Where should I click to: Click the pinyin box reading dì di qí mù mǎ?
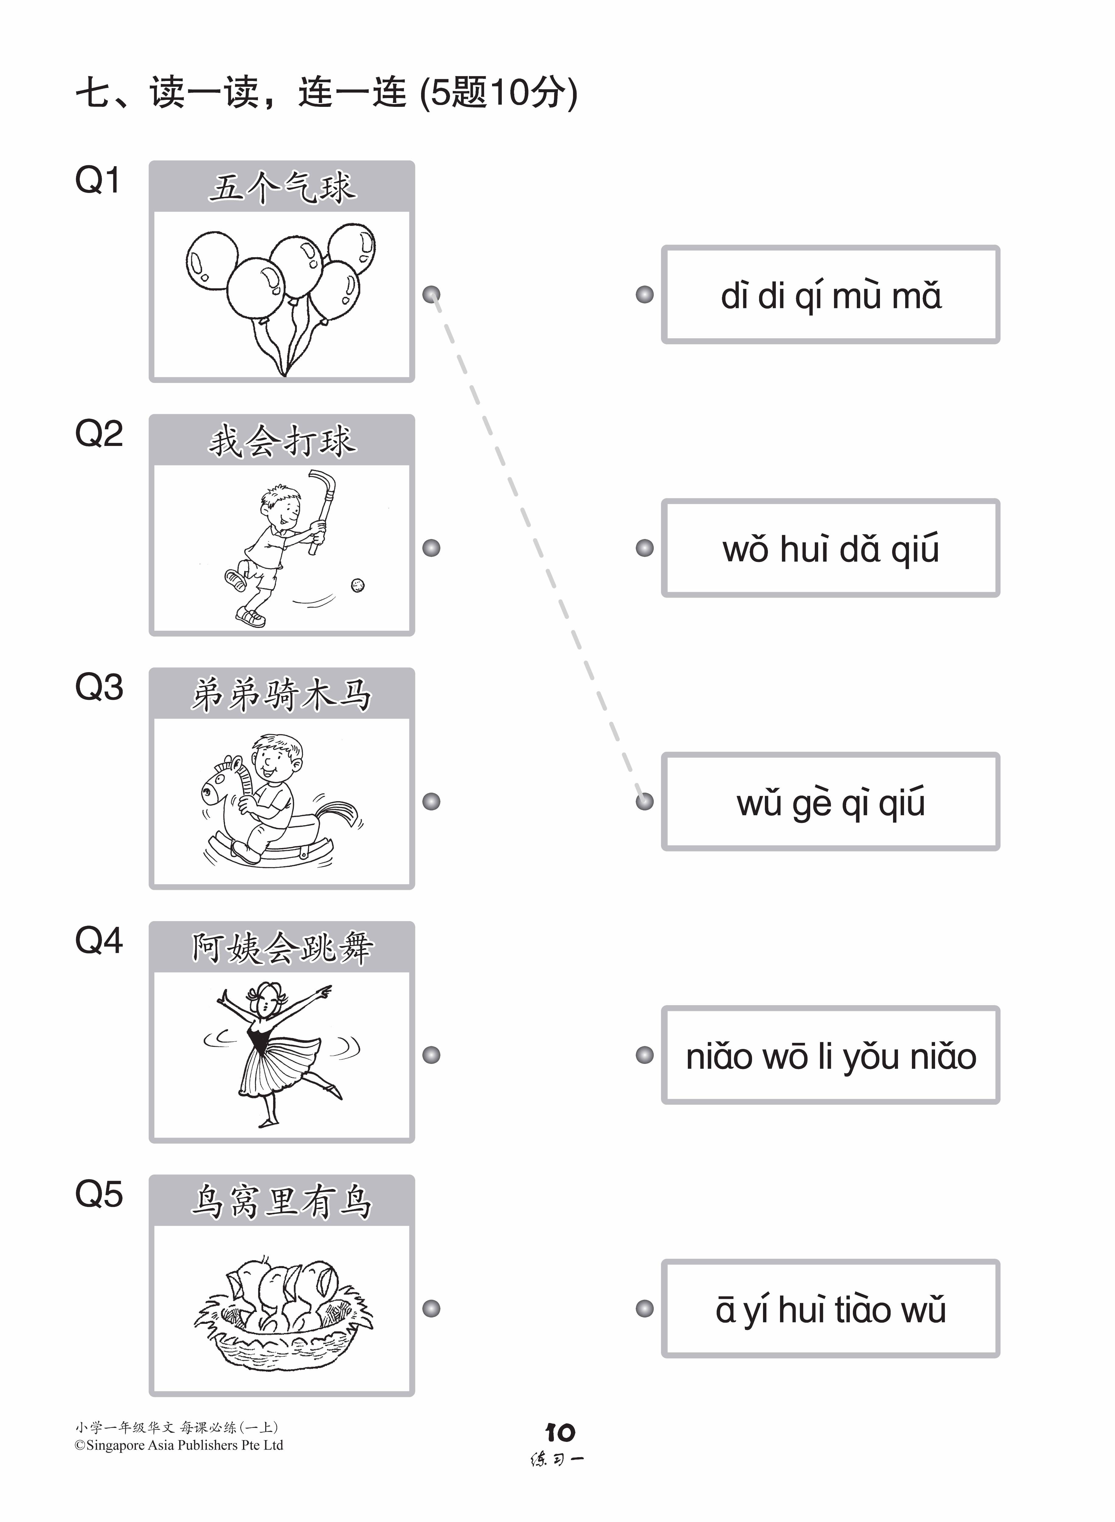[x=830, y=295]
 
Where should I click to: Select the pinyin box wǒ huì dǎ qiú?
[x=830, y=548]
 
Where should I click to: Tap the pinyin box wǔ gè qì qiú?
[x=830, y=801]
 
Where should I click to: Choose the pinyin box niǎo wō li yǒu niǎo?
[x=830, y=1055]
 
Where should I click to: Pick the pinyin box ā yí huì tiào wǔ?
[x=830, y=1309]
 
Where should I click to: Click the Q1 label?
[x=98, y=180]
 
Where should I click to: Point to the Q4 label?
[x=99, y=941]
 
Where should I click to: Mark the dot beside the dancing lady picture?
[x=431, y=1055]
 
